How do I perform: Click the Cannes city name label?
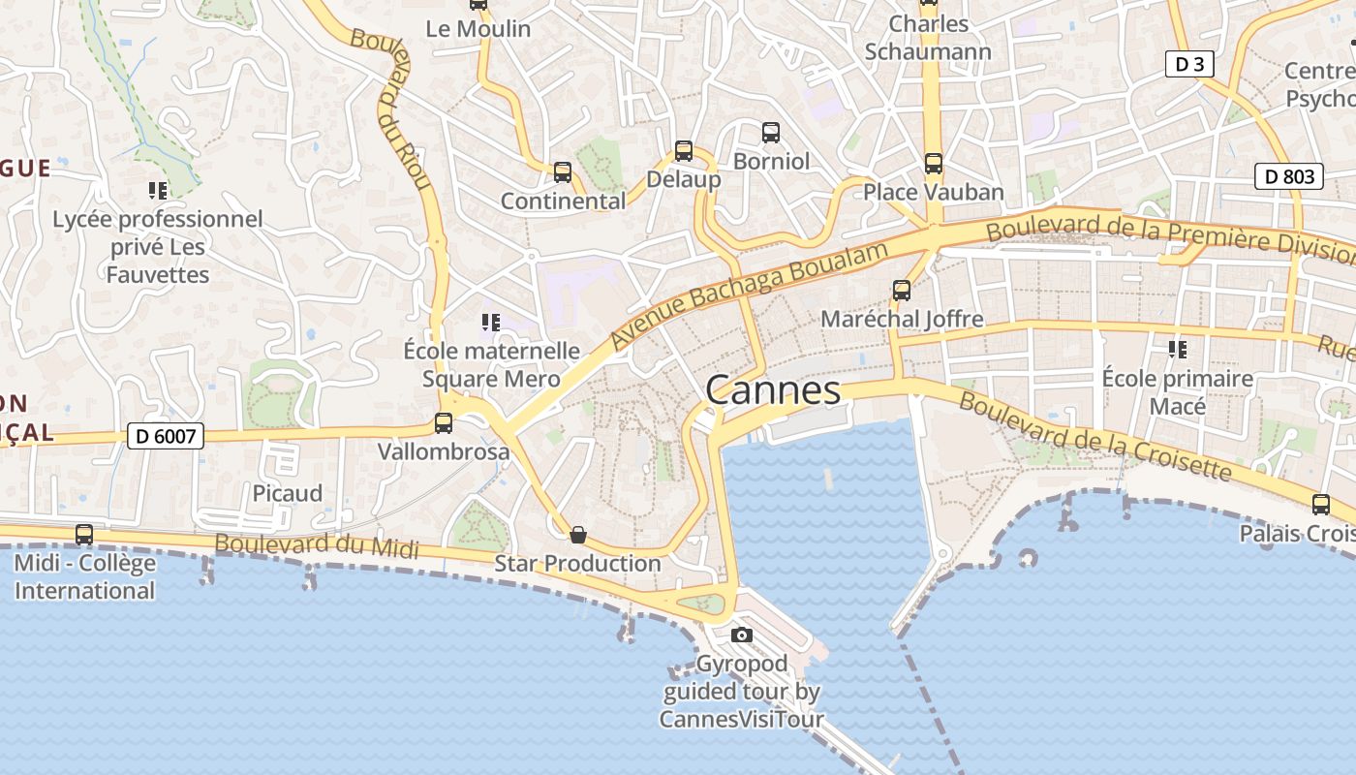coord(773,390)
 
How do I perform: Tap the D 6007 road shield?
coord(166,436)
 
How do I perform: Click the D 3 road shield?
coord(1188,65)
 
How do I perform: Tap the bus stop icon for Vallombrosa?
coord(444,423)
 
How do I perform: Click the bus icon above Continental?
coord(563,172)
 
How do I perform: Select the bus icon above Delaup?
coord(684,151)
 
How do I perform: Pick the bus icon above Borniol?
coord(771,133)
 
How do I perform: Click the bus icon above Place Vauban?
coord(934,164)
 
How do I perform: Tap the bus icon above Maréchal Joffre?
coord(902,290)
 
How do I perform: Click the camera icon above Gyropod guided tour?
coord(742,635)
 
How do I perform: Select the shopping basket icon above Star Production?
coord(578,535)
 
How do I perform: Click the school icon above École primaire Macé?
coord(1178,349)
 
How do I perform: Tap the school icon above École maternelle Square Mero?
coord(491,322)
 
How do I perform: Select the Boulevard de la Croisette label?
coord(1094,438)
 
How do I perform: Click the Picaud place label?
coord(288,493)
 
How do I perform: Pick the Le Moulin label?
coord(478,29)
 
